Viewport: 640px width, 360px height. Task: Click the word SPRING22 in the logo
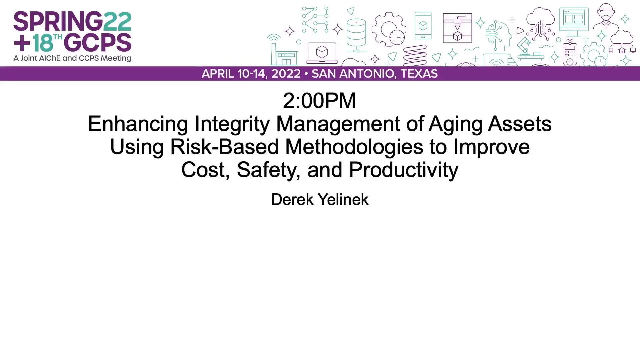point(72,21)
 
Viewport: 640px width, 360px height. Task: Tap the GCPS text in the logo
point(97,43)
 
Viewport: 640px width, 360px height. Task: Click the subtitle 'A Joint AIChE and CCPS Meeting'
point(72,58)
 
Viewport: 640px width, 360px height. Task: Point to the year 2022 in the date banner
point(286,74)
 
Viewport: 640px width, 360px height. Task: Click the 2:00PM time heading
point(320,100)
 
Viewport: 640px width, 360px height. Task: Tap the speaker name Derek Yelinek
point(320,199)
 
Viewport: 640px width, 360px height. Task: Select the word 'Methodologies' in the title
point(354,147)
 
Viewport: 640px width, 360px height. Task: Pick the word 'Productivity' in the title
point(403,170)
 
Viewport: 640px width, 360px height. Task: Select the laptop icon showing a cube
point(322,53)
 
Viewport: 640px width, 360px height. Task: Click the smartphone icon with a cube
point(423,26)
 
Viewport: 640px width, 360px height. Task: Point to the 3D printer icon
point(457,28)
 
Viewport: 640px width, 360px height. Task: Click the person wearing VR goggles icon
point(606,17)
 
